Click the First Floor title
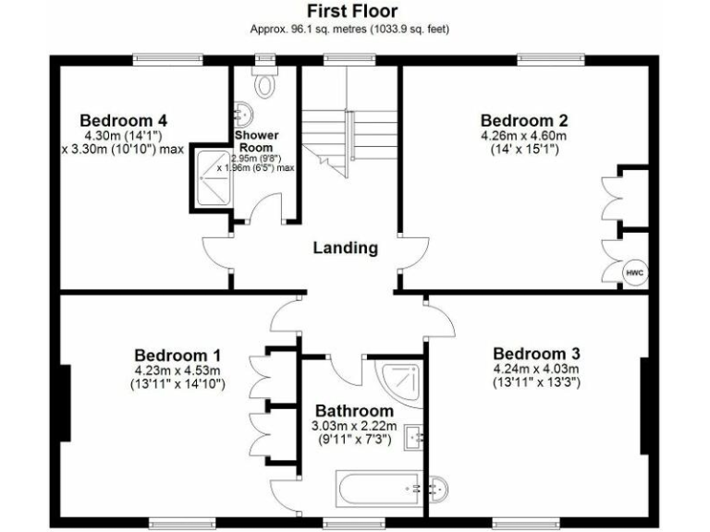pos(352,11)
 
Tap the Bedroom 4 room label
pos(123,120)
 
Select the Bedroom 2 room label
pos(523,120)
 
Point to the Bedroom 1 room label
pos(177,356)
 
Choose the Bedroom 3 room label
pos(536,354)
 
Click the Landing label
pos(345,248)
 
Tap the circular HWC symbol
pos(634,272)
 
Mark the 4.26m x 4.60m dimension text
pos(523,136)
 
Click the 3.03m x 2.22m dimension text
pos(354,426)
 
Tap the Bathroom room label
pos(354,410)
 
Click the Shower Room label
pos(256,141)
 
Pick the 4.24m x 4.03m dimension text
pos(536,369)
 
